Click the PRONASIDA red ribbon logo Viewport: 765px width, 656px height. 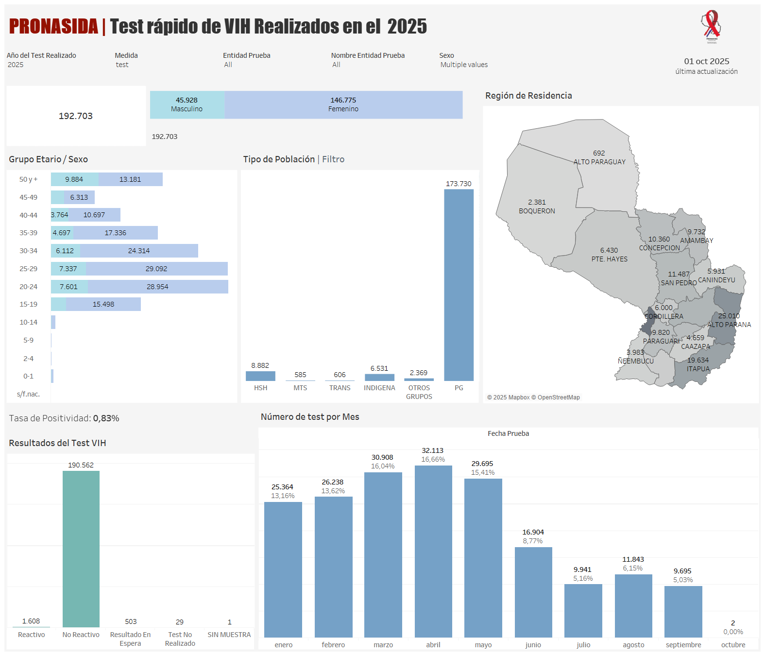pos(712,27)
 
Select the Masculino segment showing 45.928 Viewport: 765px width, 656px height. pos(187,104)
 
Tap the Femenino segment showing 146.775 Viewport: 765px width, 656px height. pos(343,104)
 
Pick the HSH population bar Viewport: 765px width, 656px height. pos(260,376)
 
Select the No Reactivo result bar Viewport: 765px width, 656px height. pos(81,549)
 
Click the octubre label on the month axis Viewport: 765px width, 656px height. pos(733,645)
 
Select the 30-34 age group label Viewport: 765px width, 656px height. pos(28,251)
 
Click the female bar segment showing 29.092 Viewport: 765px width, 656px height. pos(156,269)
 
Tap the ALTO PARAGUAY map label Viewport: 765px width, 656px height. pos(599,162)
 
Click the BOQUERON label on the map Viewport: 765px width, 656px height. pos(537,211)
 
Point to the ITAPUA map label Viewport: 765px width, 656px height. pos(698,369)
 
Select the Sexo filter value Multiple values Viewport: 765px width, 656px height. pos(464,65)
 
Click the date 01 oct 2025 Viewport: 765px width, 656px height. pos(706,61)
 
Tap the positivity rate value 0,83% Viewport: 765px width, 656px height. pos(106,418)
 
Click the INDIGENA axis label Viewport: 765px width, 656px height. pos(379,388)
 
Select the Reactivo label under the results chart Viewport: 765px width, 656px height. pos(32,635)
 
